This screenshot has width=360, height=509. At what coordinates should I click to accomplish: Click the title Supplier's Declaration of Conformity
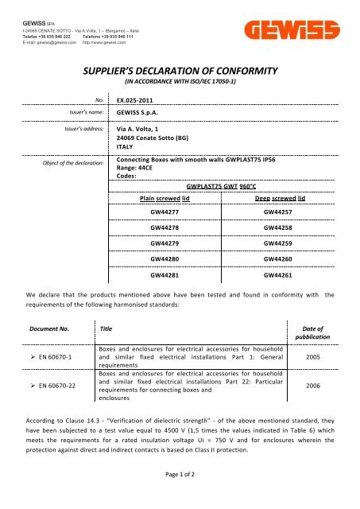pyautogui.click(x=180, y=70)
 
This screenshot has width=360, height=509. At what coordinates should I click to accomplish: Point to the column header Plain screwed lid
pyautogui.click(x=165, y=197)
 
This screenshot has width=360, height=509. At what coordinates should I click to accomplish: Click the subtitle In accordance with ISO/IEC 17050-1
pyautogui.click(x=180, y=82)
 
